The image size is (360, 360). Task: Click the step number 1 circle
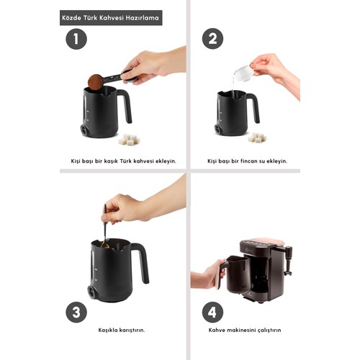[76, 39]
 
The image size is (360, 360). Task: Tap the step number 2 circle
[212, 39]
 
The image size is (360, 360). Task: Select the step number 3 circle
[76, 312]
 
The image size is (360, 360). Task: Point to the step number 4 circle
[212, 312]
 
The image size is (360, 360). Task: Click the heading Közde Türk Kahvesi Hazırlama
[111, 18]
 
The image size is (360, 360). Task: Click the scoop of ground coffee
[96, 82]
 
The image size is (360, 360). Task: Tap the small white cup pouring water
[244, 73]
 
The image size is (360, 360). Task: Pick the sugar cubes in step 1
[130, 140]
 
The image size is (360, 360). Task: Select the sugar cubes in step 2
[257, 138]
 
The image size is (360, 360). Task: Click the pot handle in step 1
[127, 106]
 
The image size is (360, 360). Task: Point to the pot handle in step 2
[254, 107]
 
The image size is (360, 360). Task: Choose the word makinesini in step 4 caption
[241, 330]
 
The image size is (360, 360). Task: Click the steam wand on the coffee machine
[288, 261]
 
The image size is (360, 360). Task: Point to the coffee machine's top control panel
[261, 243]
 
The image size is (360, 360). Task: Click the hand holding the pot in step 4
[208, 274]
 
